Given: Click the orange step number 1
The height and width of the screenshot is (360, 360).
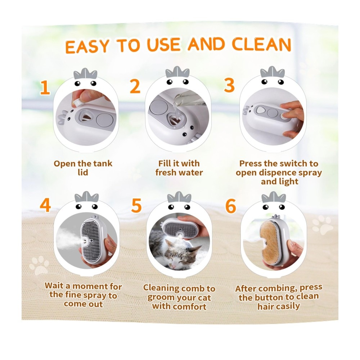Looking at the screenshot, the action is tap(45, 87).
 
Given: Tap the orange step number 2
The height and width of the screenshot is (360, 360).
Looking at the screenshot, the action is tap(135, 86).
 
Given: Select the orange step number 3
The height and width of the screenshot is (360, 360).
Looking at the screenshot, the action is tap(229, 85).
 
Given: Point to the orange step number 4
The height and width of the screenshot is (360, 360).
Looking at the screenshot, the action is tap(45, 205).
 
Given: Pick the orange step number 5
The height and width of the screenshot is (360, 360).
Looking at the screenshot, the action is tap(136, 206).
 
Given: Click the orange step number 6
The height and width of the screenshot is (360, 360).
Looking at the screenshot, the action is tap(230, 206).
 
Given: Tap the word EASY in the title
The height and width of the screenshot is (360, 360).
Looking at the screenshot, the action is tap(87, 46).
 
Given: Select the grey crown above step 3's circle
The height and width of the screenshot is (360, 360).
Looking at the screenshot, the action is tap(273, 72).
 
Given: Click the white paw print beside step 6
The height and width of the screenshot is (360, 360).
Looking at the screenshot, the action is tap(322, 225).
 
